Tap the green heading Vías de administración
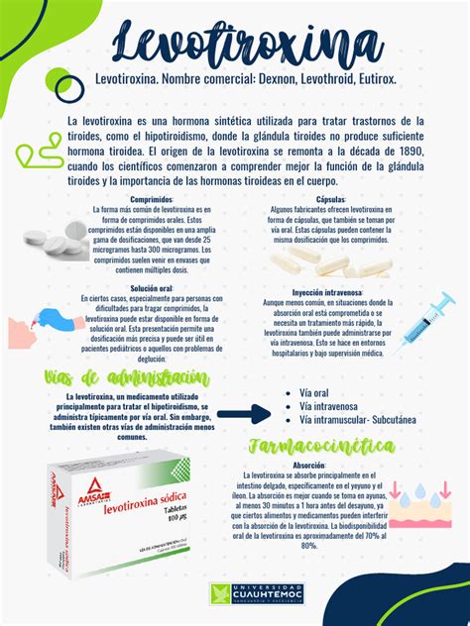click(127, 377)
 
